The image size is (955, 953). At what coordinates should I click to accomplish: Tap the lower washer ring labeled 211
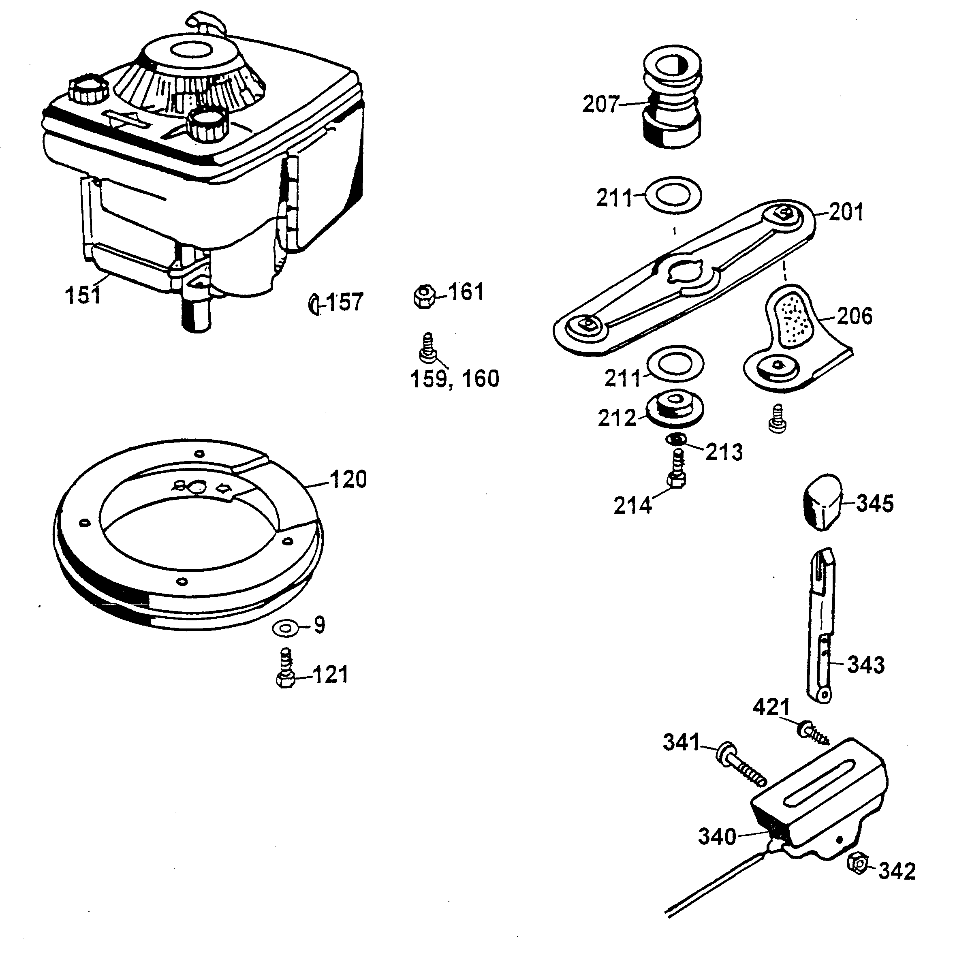(674, 365)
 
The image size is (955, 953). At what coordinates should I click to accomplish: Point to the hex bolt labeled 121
(286, 670)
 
